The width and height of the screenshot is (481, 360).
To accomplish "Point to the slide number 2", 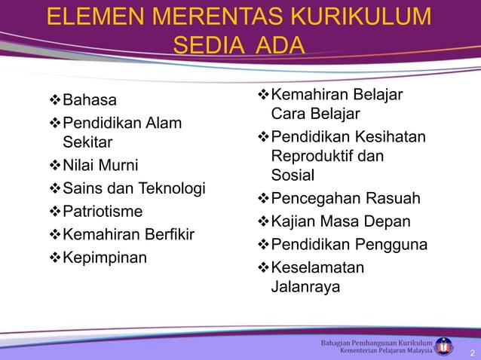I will point(471,352).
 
